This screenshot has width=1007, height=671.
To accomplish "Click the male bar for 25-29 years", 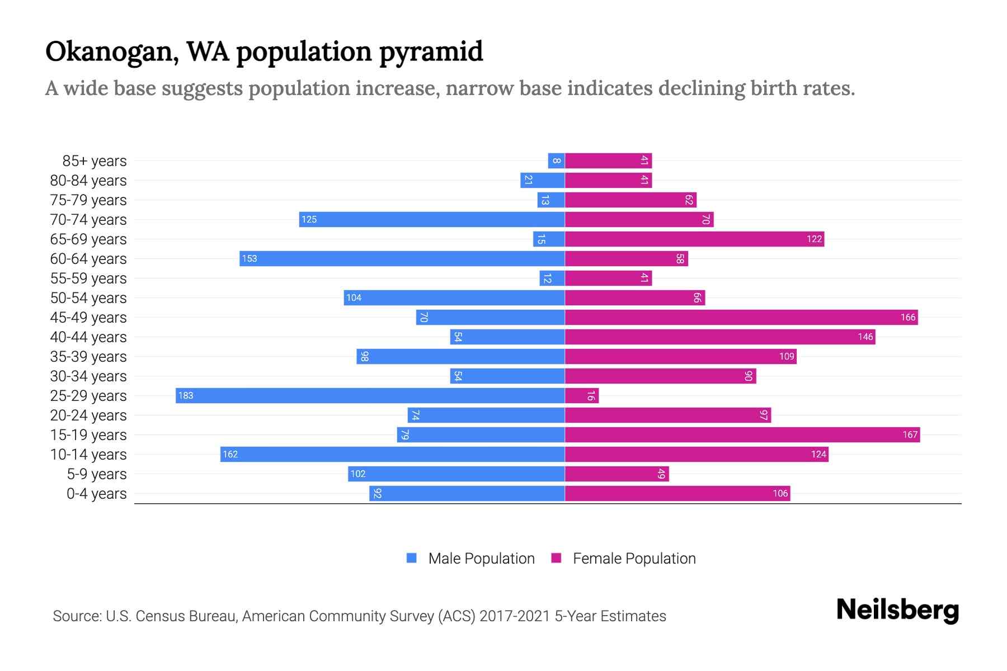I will [x=369, y=395].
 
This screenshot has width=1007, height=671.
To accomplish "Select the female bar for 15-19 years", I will [x=742, y=434].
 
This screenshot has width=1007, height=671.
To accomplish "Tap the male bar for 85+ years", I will [x=556, y=160].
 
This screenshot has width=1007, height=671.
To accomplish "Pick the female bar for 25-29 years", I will [x=581, y=395].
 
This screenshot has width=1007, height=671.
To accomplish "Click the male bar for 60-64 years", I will [x=402, y=258].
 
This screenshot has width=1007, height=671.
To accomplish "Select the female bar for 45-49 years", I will [x=741, y=317].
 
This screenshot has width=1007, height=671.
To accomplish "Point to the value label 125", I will [x=309, y=219].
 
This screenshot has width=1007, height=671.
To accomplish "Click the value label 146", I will [x=865, y=337].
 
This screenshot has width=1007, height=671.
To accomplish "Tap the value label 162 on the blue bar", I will [x=230, y=454].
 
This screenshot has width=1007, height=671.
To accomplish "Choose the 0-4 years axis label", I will [x=96, y=494].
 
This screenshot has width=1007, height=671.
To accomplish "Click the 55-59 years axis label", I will [x=88, y=278].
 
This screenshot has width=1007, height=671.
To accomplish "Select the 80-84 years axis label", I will [x=88, y=181].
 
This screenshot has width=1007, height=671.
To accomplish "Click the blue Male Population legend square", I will [x=412, y=558].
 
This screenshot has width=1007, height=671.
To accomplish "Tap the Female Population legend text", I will [x=634, y=558].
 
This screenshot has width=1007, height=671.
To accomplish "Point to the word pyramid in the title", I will [x=431, y=52].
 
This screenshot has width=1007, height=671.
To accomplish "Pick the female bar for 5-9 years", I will [x=617, y=474].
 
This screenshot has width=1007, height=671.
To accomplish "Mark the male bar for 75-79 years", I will [x=550, y=200].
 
